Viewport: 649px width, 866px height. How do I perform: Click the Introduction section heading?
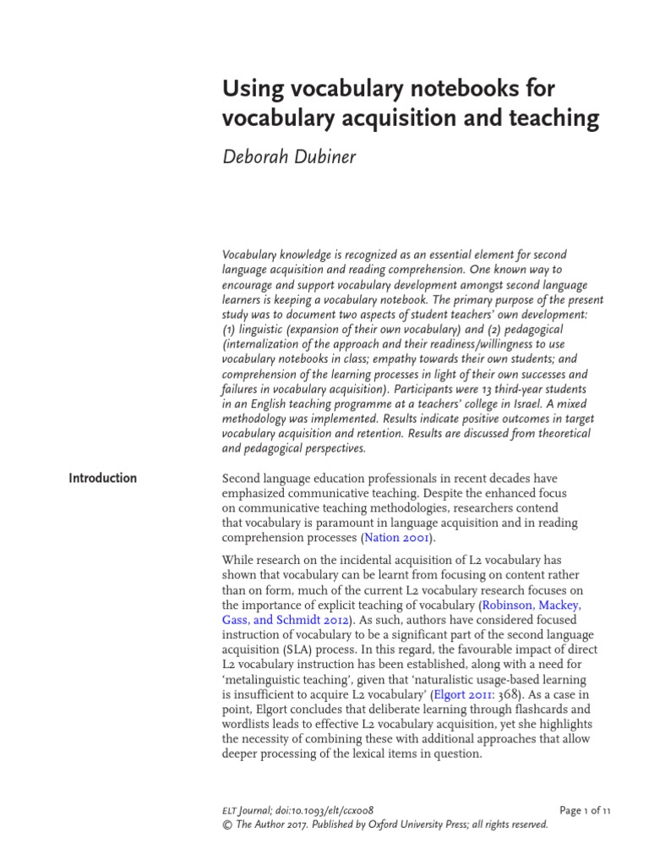(102, 478)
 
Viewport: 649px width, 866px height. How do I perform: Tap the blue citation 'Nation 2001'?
(398, 537)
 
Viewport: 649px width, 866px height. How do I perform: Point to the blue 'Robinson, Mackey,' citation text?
(531, 606)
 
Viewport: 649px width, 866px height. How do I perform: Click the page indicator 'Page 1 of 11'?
(585, 810)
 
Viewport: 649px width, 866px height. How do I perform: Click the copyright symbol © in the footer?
(226, 825)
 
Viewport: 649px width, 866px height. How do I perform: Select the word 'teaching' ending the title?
(559, 119)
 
